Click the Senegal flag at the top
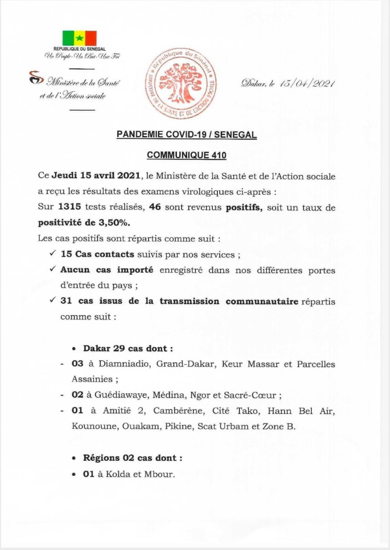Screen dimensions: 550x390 coord(79,38)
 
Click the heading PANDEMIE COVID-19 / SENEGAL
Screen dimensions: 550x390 coord(187,134)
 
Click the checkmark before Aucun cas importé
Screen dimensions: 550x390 coord(52,269)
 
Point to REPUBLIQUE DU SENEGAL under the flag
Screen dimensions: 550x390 coord(79,50)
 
